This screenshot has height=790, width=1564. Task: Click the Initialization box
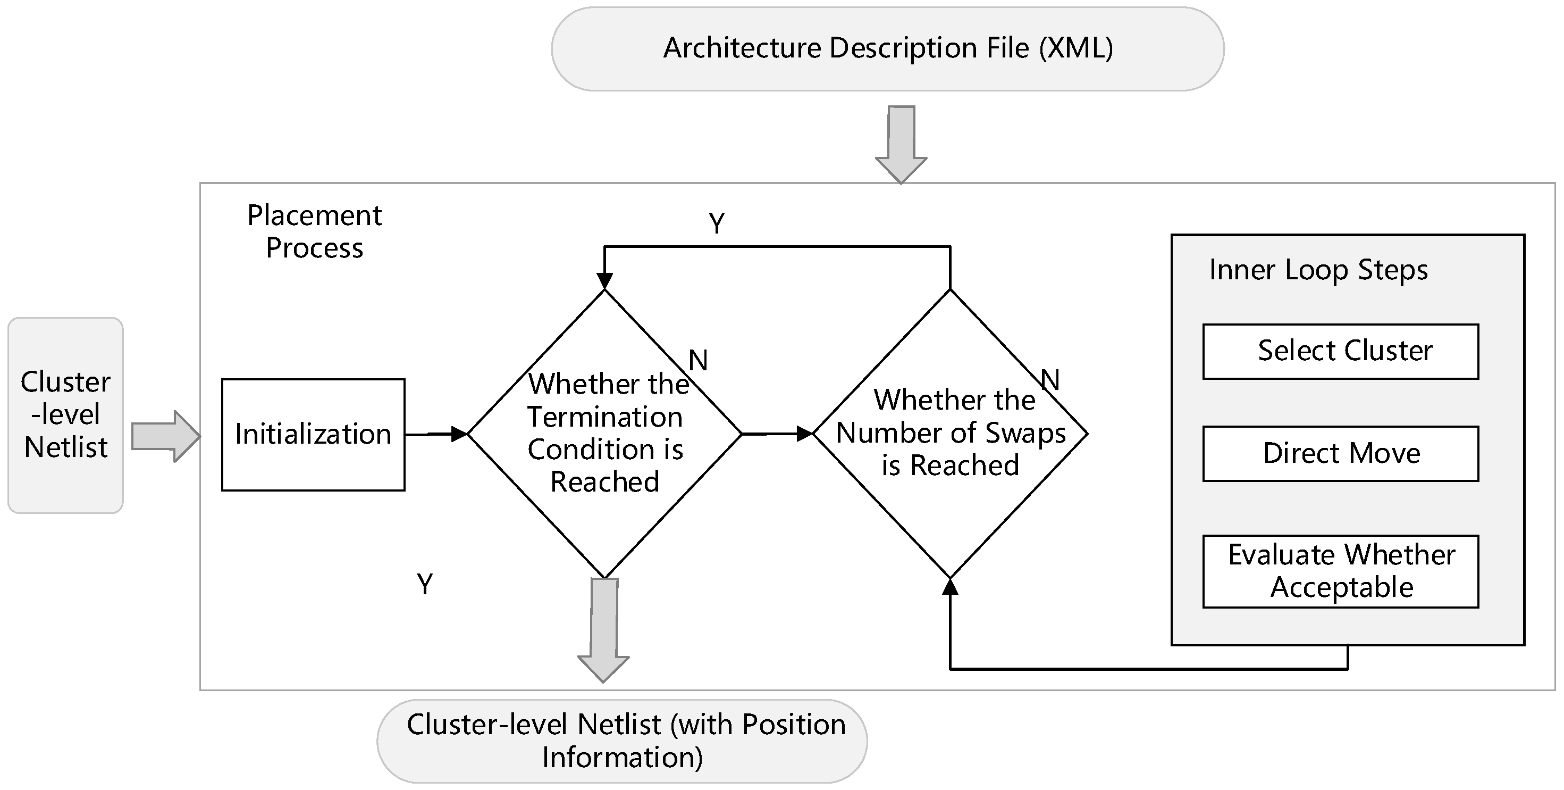(313, 435)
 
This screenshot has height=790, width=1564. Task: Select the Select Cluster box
(1340, 351)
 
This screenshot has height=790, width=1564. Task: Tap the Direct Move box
(1340, 453)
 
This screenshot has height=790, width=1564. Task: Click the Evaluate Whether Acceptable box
(1340, 571)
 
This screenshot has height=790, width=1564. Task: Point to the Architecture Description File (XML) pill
(887, 48)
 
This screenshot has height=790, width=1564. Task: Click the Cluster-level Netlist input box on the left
(65, 415)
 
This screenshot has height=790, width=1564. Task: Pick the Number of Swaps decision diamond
(949, 433)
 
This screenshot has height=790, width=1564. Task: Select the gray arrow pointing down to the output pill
(603, 629)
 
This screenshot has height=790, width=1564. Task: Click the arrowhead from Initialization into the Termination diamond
(459, 434)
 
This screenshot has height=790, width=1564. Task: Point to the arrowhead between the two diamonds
(804, 434)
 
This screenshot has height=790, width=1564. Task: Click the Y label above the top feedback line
(717, 223)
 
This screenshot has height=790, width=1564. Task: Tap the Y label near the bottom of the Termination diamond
(425, 585)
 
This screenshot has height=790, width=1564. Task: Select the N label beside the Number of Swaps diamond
(1050, 380)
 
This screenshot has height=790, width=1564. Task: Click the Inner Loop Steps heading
(1318, 270)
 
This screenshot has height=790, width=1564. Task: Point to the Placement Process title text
(315, 231)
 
